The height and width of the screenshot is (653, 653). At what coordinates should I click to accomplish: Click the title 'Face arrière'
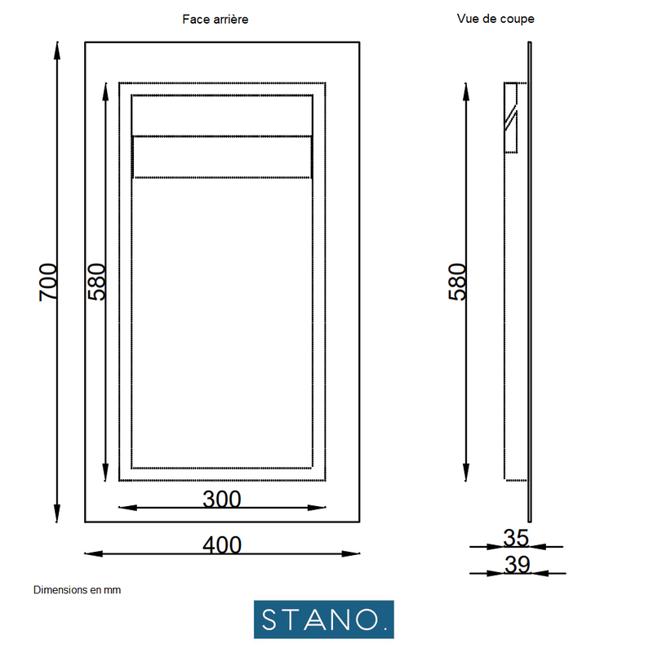pos(215,19)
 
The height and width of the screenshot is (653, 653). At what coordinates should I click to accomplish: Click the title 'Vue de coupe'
pos(495,18)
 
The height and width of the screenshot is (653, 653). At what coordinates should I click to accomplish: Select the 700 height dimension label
pos(49,282)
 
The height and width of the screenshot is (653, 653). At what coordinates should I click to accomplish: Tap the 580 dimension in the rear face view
pos(97,282)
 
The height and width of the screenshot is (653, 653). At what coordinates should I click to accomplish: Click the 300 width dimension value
pos(222,499)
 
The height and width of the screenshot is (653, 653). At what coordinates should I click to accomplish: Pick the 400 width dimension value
pos(222,545)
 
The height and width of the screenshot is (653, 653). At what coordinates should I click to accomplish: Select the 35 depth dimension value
pos(516,538)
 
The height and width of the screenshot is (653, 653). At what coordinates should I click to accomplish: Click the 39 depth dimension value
pos(516,564)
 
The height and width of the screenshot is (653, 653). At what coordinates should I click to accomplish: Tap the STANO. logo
pos(323,620)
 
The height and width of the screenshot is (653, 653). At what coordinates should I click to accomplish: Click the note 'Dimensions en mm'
pos(77,589)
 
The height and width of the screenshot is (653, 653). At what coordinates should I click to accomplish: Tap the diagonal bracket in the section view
pos(510,118)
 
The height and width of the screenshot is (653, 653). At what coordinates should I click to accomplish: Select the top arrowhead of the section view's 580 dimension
pos(465,89)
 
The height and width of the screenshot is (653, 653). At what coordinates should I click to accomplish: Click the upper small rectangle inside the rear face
pos(222,115)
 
